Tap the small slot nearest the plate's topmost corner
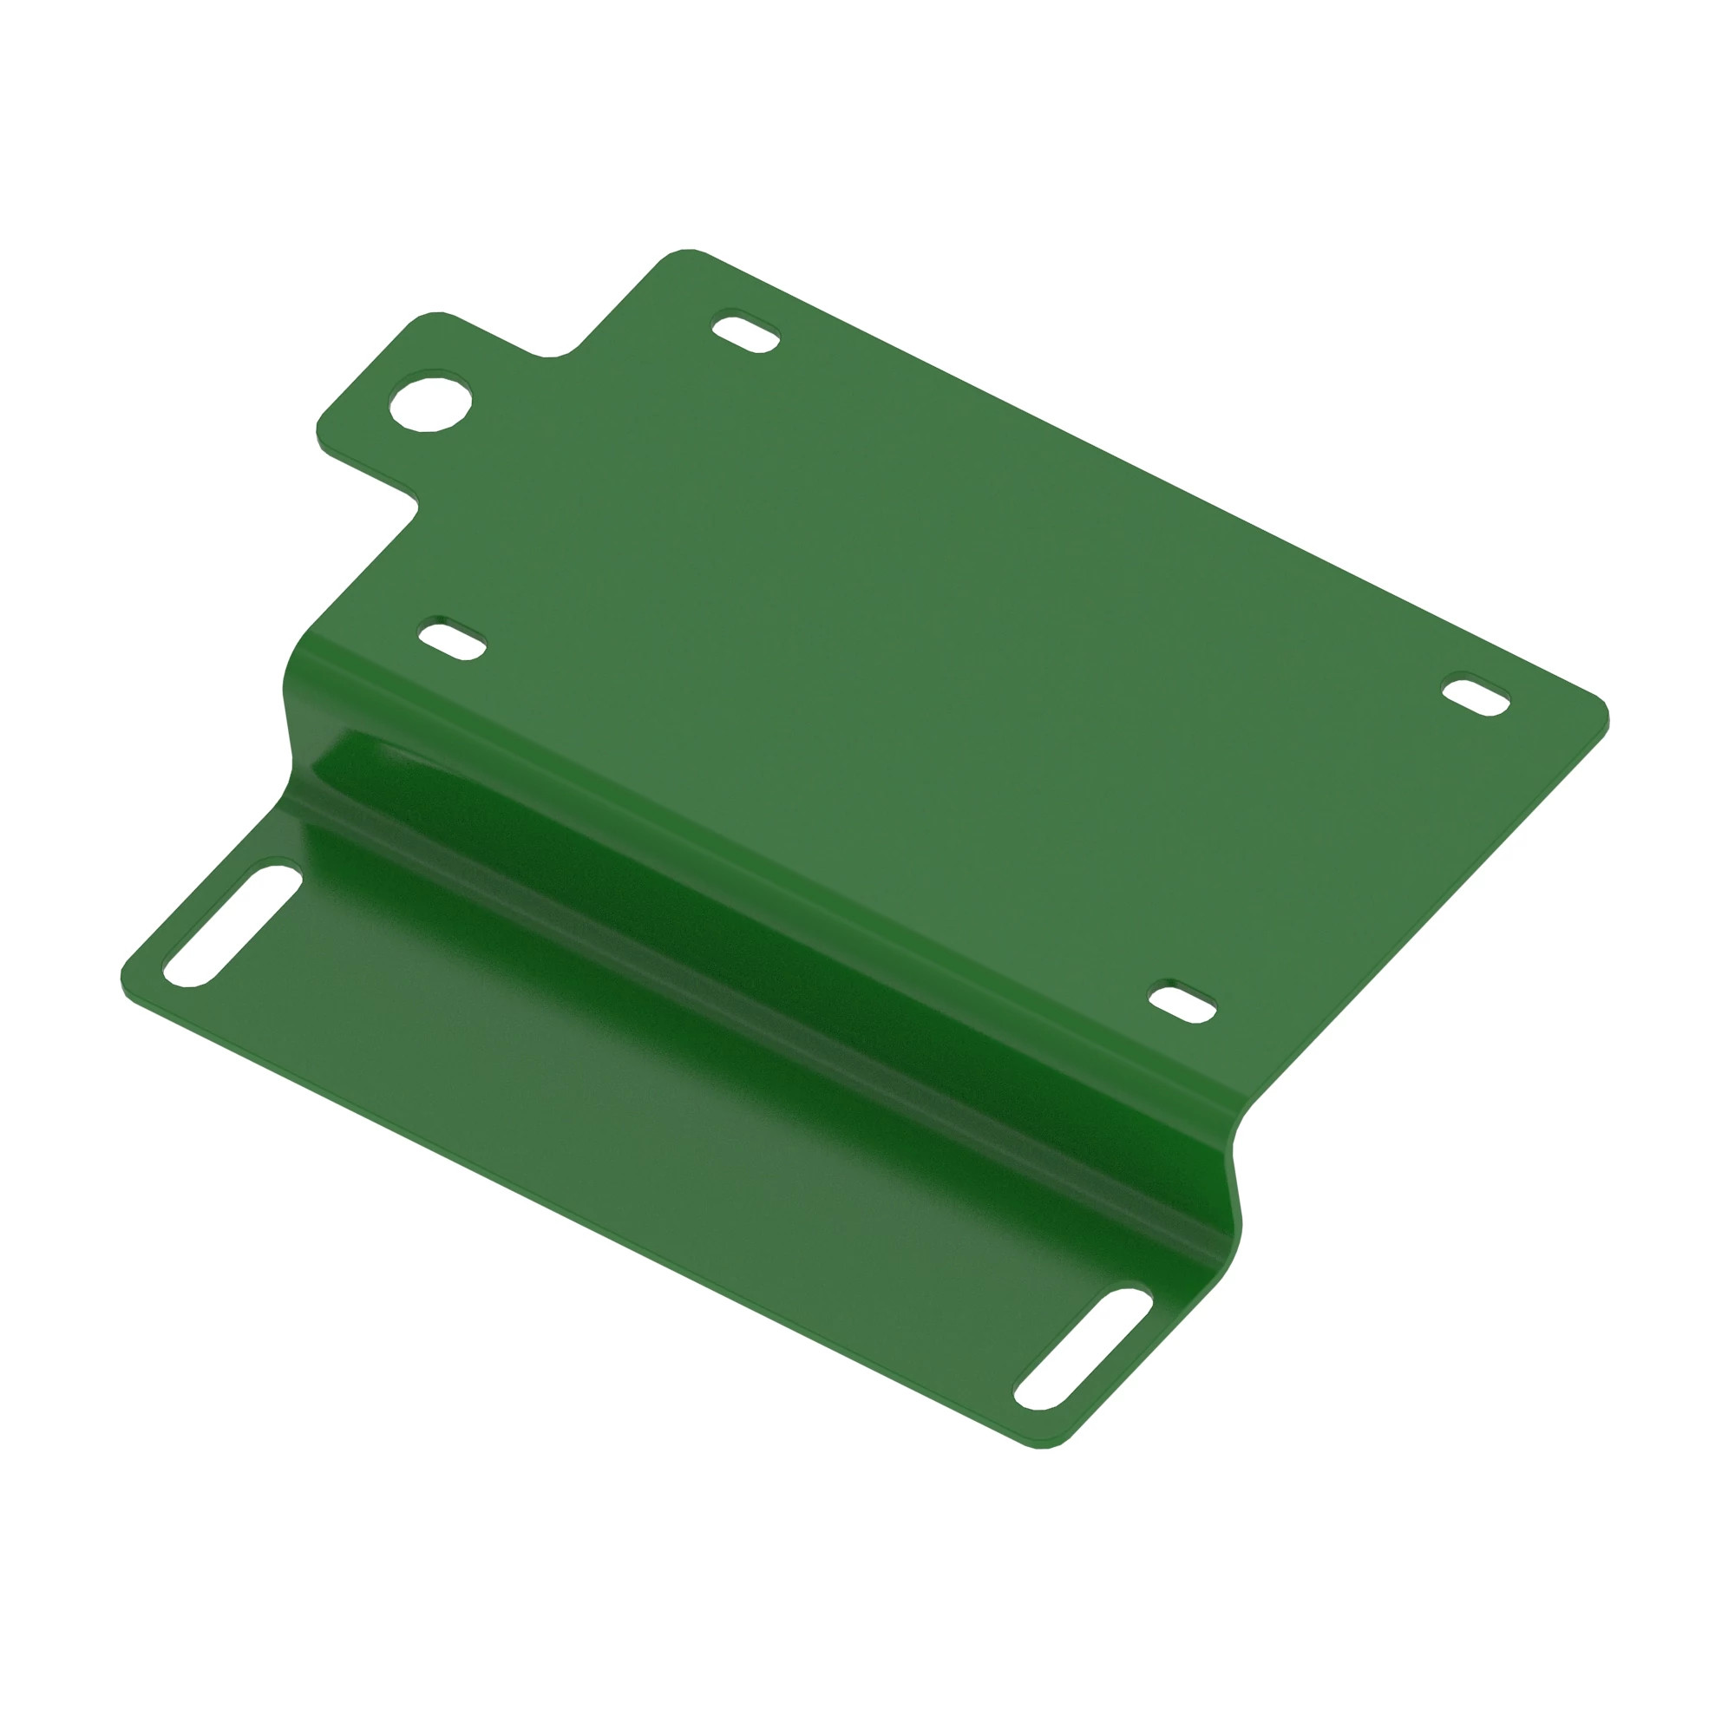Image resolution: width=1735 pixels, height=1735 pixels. click(x=746, y=332)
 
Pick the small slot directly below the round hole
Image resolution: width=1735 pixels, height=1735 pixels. click(x=453, y=638)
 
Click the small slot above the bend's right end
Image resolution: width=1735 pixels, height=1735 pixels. click(x=1182, y=1002)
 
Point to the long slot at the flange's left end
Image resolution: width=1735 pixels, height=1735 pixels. click(x=232, y=926)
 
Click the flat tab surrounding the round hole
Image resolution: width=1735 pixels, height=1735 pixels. click(x=386, y=449)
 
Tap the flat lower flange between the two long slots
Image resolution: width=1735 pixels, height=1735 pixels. click(x=629, y=1123)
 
